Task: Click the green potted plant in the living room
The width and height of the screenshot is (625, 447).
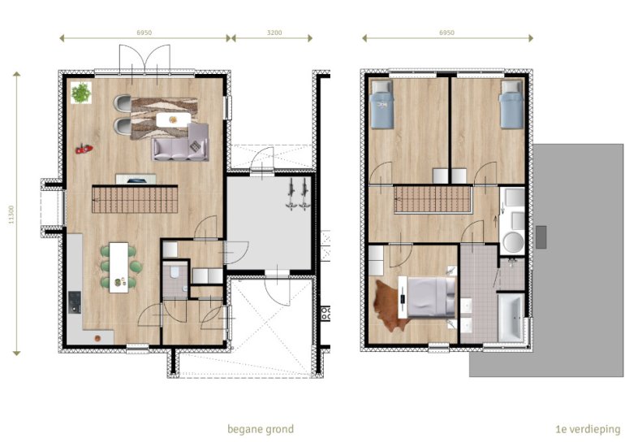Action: click(x=81, y=93)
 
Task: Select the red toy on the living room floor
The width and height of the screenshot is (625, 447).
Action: click(x=83, y=149)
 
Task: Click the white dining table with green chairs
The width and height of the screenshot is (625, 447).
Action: click(x=119, y=267)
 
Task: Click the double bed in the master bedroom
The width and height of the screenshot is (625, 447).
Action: click(x=430, y=295)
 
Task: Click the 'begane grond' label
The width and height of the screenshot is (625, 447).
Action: click(x=260, y=429)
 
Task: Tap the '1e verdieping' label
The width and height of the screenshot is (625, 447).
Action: click(x=588, y=429)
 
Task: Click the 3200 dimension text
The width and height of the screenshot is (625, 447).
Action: click(x=274, y=32)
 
